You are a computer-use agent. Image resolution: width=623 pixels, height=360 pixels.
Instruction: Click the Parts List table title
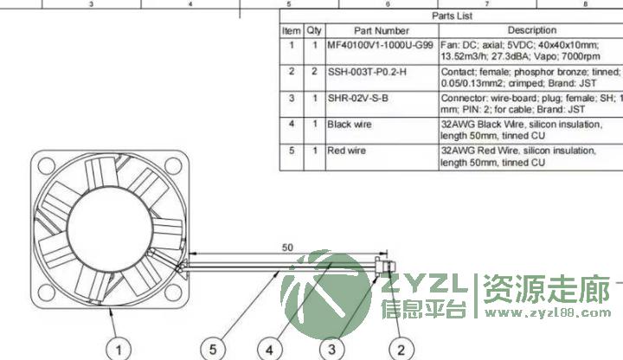click(x=453, y=16)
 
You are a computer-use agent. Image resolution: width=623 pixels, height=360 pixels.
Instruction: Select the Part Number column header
click(x=382, y=30)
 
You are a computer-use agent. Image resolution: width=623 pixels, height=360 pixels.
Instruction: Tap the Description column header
click(x=532, y=30)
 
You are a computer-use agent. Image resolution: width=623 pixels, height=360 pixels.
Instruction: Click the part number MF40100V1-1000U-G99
click(x=380, y=45)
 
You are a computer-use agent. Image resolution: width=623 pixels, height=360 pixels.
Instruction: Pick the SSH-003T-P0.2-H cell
click(x=367, y=72)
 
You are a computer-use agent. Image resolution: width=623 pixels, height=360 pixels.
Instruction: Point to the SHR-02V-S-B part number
click(x=357, y=98)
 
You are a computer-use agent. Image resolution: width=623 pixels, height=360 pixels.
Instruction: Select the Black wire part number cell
click(x=350, y=125)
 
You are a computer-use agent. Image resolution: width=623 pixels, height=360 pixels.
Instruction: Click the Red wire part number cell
click(x=346, y=151)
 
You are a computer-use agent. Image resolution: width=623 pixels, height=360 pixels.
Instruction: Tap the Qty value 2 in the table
click(x=314, y=72)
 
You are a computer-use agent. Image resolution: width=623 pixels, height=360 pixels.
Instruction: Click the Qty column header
click(x=314, y=30)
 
